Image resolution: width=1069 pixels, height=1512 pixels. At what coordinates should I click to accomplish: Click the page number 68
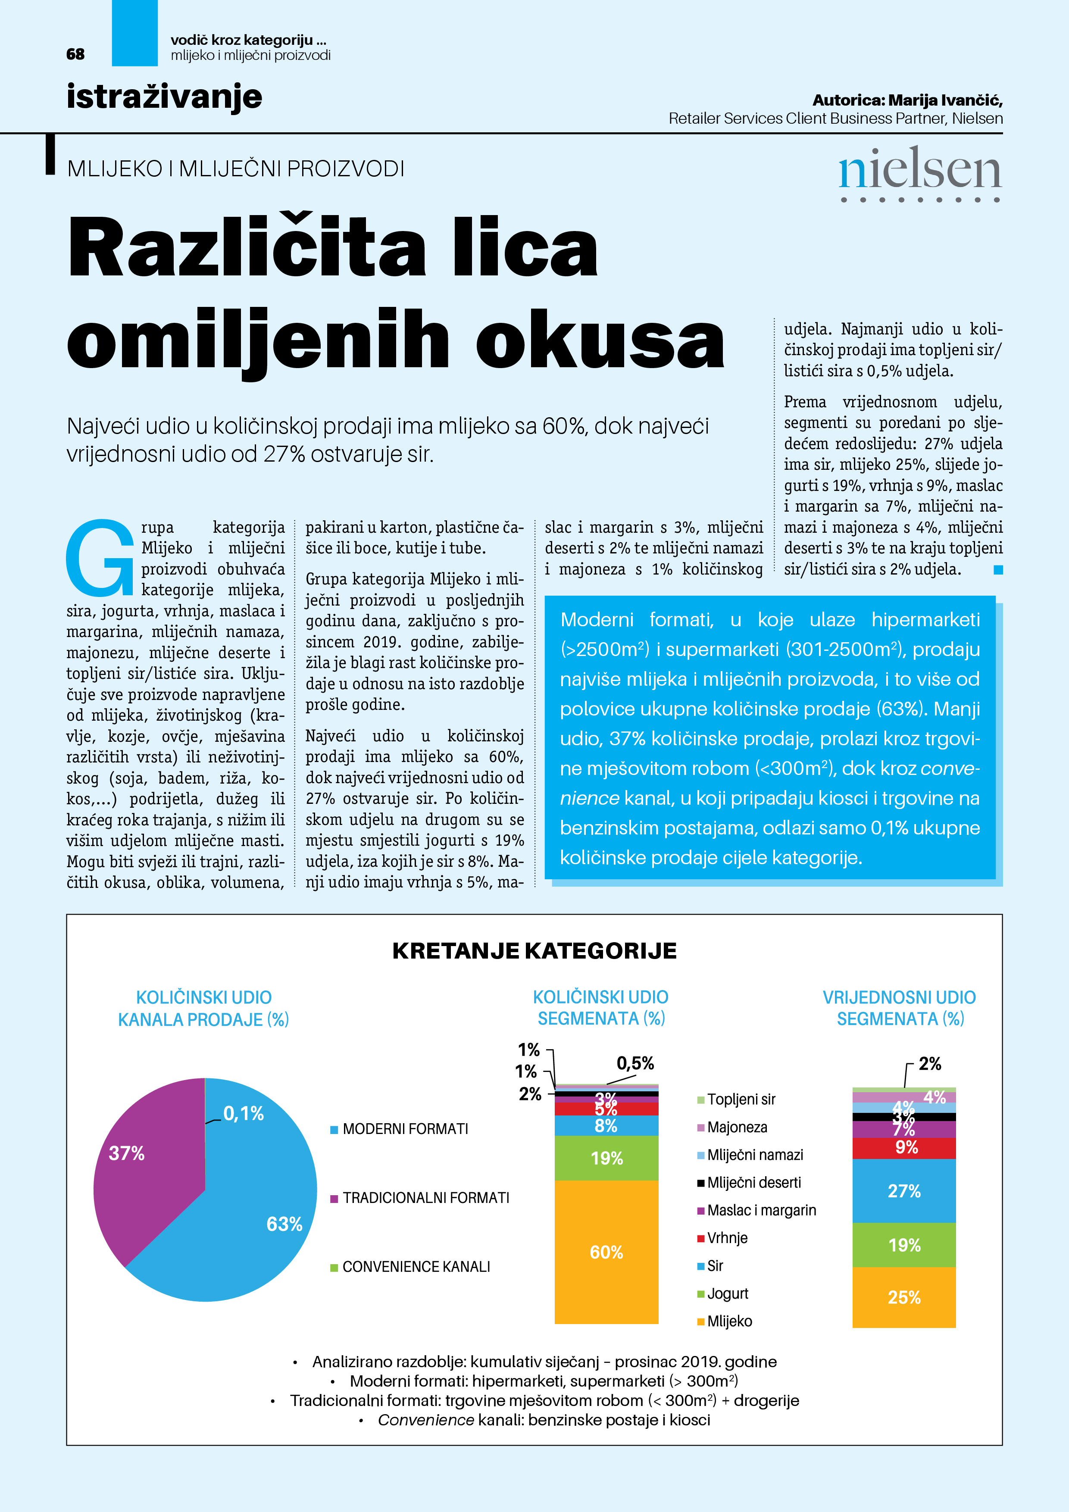[75, 54]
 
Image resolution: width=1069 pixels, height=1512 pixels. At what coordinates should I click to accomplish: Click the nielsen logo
[919, 172]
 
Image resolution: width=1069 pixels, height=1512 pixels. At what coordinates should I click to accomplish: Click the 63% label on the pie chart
[284, 1224]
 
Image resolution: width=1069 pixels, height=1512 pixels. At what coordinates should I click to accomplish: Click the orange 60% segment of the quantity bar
[606, 1251]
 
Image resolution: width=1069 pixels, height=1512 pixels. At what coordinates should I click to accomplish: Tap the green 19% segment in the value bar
[903, 1245]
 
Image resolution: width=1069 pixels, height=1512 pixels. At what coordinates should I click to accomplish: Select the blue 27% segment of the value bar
[903, 1190]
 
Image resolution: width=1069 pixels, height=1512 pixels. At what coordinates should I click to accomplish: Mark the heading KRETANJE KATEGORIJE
[534, 951]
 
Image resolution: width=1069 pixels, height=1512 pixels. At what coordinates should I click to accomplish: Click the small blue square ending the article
[998, 570]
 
